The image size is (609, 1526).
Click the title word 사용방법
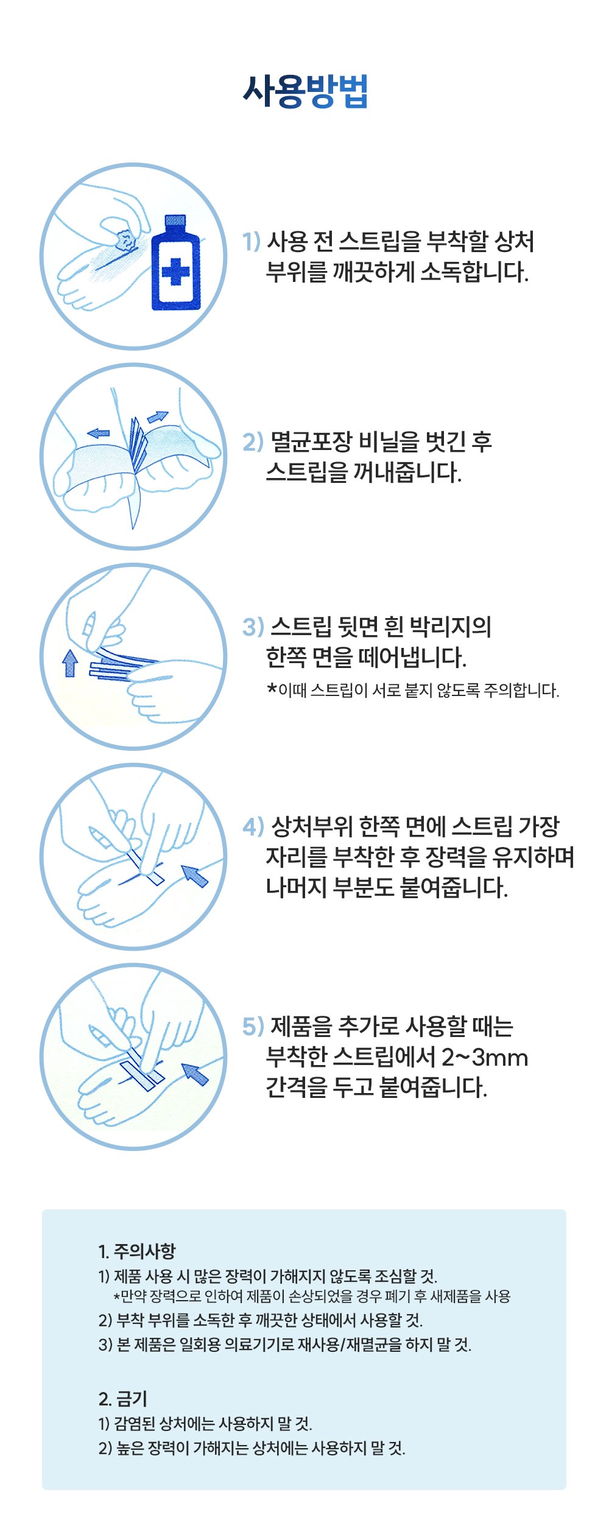tap(305, 92)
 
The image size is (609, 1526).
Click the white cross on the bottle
tap(176, 272)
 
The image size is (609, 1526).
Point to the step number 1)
tap(252, 242)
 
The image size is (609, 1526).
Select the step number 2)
tap(253, 441)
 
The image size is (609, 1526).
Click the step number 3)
tap(253, 627)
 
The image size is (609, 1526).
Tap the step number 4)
tap(253, 826)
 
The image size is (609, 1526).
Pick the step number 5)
tap(253, 1026)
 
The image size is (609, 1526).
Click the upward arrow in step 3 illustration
tap(70, 663)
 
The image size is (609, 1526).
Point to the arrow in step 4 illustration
tap(195, 876)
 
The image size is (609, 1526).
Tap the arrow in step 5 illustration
tap(195, 1075)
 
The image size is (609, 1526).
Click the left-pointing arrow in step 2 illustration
tap(98, 433)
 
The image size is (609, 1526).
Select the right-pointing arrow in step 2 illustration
tap(157, 417)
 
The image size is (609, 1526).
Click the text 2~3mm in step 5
tap(484, 1058)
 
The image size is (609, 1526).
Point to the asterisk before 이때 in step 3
tap(272, 689)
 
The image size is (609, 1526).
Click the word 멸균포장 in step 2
tap(311, 441)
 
